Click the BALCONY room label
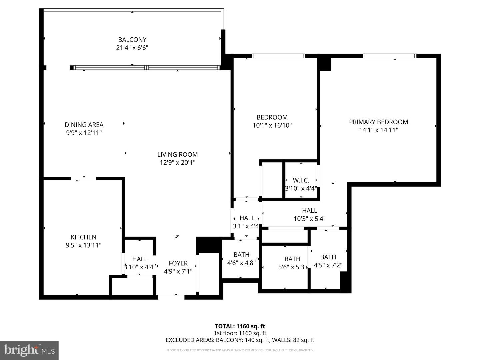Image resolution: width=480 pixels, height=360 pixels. [132, 40]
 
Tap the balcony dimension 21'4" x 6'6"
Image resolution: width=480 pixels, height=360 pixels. [132, 48]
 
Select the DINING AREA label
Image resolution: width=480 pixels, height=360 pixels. [84, 125]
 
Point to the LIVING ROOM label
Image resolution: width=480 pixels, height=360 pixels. [177, 154]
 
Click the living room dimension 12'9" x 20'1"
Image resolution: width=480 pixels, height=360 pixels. [177, 163]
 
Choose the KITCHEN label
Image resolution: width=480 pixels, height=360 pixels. [83, 237]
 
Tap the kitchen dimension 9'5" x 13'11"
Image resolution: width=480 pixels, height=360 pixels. [83, 245]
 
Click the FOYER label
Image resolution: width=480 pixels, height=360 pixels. [178, 263]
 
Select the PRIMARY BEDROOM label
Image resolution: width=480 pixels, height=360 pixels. [378, 122]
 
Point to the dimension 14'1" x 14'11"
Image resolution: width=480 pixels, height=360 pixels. [378, 130]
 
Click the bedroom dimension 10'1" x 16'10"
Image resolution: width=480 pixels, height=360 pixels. [272, 125]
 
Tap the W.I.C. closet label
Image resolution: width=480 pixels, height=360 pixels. [301, 180]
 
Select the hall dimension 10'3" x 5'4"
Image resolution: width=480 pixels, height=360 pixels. [309, 219]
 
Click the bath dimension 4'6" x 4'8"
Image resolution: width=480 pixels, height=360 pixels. [241, 263]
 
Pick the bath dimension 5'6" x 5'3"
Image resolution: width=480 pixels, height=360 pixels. [292, 267]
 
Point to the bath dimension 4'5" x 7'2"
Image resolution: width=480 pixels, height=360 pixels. [328, 265]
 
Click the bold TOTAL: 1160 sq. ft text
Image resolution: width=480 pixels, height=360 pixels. [240, 326]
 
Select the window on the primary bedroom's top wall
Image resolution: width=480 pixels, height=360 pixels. [389, 56]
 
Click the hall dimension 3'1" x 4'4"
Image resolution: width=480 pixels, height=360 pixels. [246, 226]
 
